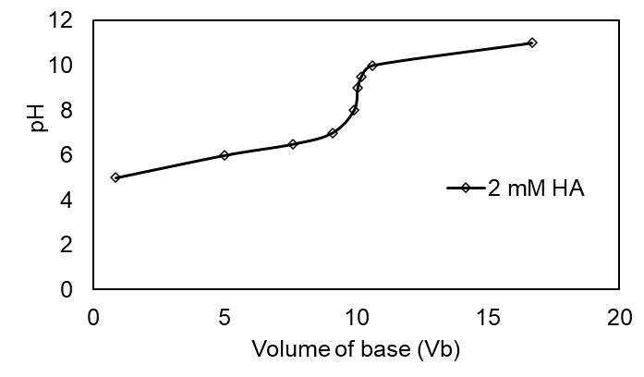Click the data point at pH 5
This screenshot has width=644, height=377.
pyautogui.click(x=115, y=177)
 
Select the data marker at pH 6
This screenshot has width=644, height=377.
pyautogui.click(x=225, y=155)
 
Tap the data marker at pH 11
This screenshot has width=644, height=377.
pyautogui.click(x=532, y=43)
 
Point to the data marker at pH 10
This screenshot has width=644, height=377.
pyautogui.click(x=372, y=66)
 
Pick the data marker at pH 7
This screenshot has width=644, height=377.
pyautogui.click(x=333, y=133)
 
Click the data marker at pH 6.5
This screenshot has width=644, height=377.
pyautogui.click(x=293, y=144)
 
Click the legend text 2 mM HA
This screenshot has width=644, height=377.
pyautogui.click(x=537, y=188)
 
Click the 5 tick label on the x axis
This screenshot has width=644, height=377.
pyautogui.click(x=225, y=317)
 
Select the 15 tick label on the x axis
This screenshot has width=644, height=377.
pyautogui.click(x=488, y=317)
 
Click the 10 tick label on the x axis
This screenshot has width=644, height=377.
pyautogui.click(x=357, y=317)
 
